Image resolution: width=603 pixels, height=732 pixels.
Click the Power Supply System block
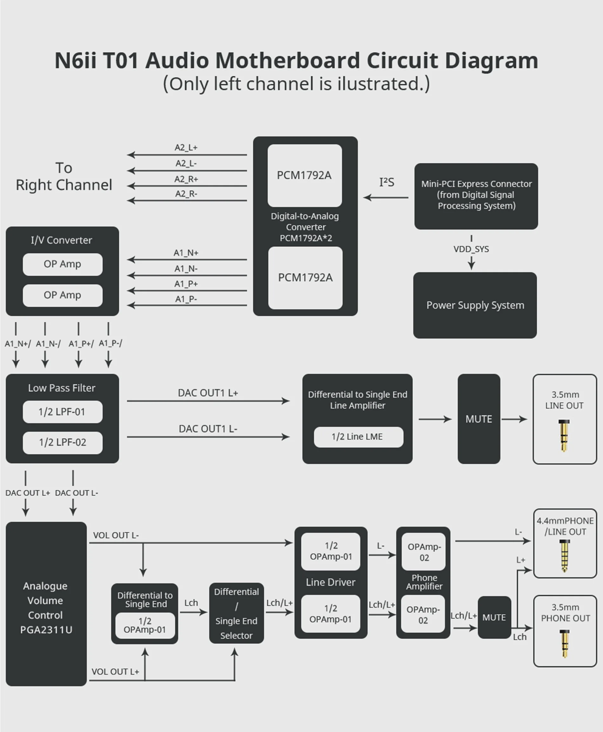point(475,305)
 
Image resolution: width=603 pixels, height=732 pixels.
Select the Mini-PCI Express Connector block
point(476,196)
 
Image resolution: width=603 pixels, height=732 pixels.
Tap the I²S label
point(387,182)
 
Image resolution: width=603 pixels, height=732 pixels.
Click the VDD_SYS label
point(471,249)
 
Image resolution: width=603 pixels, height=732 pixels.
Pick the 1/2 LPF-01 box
point(63,412)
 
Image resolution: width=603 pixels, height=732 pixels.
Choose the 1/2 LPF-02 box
point(63,442)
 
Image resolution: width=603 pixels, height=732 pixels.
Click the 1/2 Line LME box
point(358,437)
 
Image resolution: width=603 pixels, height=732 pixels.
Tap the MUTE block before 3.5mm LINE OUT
point(479,419)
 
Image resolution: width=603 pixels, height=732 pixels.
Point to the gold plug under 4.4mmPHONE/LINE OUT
point(565,556)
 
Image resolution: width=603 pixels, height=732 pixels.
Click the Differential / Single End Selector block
point(236,613)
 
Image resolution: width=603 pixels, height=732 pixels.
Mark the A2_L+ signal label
point(186,148)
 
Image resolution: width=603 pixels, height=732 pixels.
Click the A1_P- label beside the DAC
point(186,299)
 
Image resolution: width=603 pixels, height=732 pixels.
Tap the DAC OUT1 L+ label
point(208,393)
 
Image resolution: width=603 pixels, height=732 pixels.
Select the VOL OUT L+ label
point(115,672)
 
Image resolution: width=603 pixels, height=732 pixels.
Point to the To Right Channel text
point(64,176)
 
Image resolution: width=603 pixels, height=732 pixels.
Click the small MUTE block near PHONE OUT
point(494,617)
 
